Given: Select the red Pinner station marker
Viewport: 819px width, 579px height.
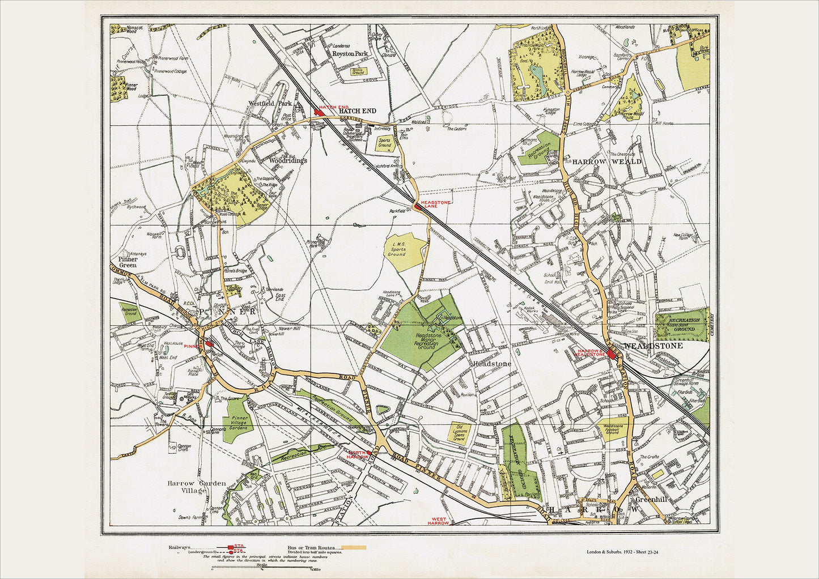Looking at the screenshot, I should pos(209,343).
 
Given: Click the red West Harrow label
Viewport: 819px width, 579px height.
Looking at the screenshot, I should pos(438,521).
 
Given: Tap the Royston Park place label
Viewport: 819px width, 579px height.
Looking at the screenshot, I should pos(350,54).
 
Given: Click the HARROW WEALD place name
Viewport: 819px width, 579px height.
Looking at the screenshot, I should pos(606,161).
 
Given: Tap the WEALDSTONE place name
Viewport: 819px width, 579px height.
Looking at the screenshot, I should pos(653,346).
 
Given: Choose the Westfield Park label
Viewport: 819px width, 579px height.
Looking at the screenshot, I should pos(270,104).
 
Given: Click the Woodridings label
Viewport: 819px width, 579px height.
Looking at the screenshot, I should pos(287,160).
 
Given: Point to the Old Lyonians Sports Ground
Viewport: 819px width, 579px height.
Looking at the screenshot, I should pos(459,433).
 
